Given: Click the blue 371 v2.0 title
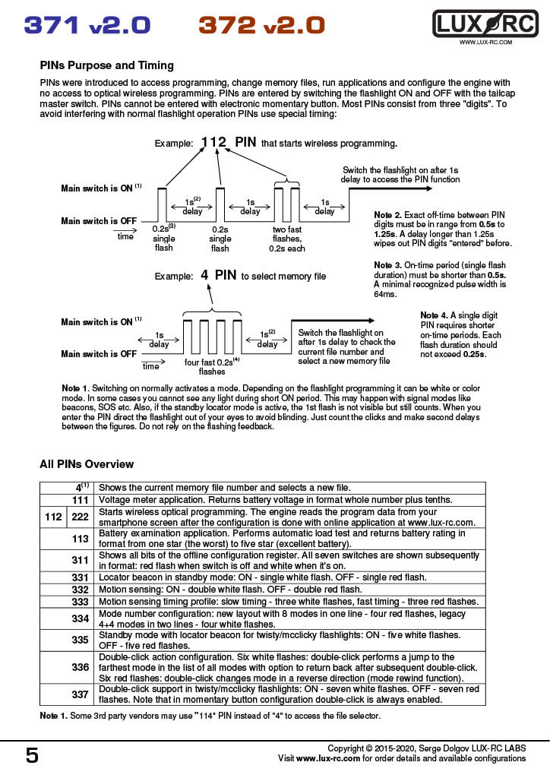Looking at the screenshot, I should (x=87, y=26).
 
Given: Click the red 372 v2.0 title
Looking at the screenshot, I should (x=261, y=26).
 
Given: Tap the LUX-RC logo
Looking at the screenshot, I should (x=485, y=24).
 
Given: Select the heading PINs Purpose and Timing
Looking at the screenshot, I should (x=106, y=65).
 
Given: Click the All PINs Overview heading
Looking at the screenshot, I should (x=87, y=464).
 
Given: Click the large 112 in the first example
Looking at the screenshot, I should (x=214, y=142).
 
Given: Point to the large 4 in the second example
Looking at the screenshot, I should (x=205, y=275).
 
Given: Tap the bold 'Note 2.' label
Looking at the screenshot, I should (x=389, y=216).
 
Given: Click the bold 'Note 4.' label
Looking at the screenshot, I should (x=435, y=315).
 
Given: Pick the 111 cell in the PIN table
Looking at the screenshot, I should (x=81, y=500).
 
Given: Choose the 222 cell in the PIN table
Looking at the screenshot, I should (x=81, y=517).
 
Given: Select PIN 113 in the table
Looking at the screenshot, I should (x=81, y=538).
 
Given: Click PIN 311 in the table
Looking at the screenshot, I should (x=81, y=561).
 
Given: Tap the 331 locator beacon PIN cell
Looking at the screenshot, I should (x=81, y=577).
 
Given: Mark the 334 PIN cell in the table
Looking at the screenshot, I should (x=81, y=618).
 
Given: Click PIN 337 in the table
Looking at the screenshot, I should (x=81, y=694).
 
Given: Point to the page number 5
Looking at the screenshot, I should (x=32, y=755).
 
